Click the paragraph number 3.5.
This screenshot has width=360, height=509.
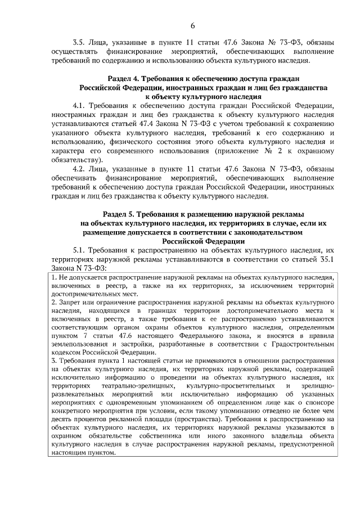coord(79,42)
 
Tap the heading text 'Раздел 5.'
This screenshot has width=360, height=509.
coord(121,214)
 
